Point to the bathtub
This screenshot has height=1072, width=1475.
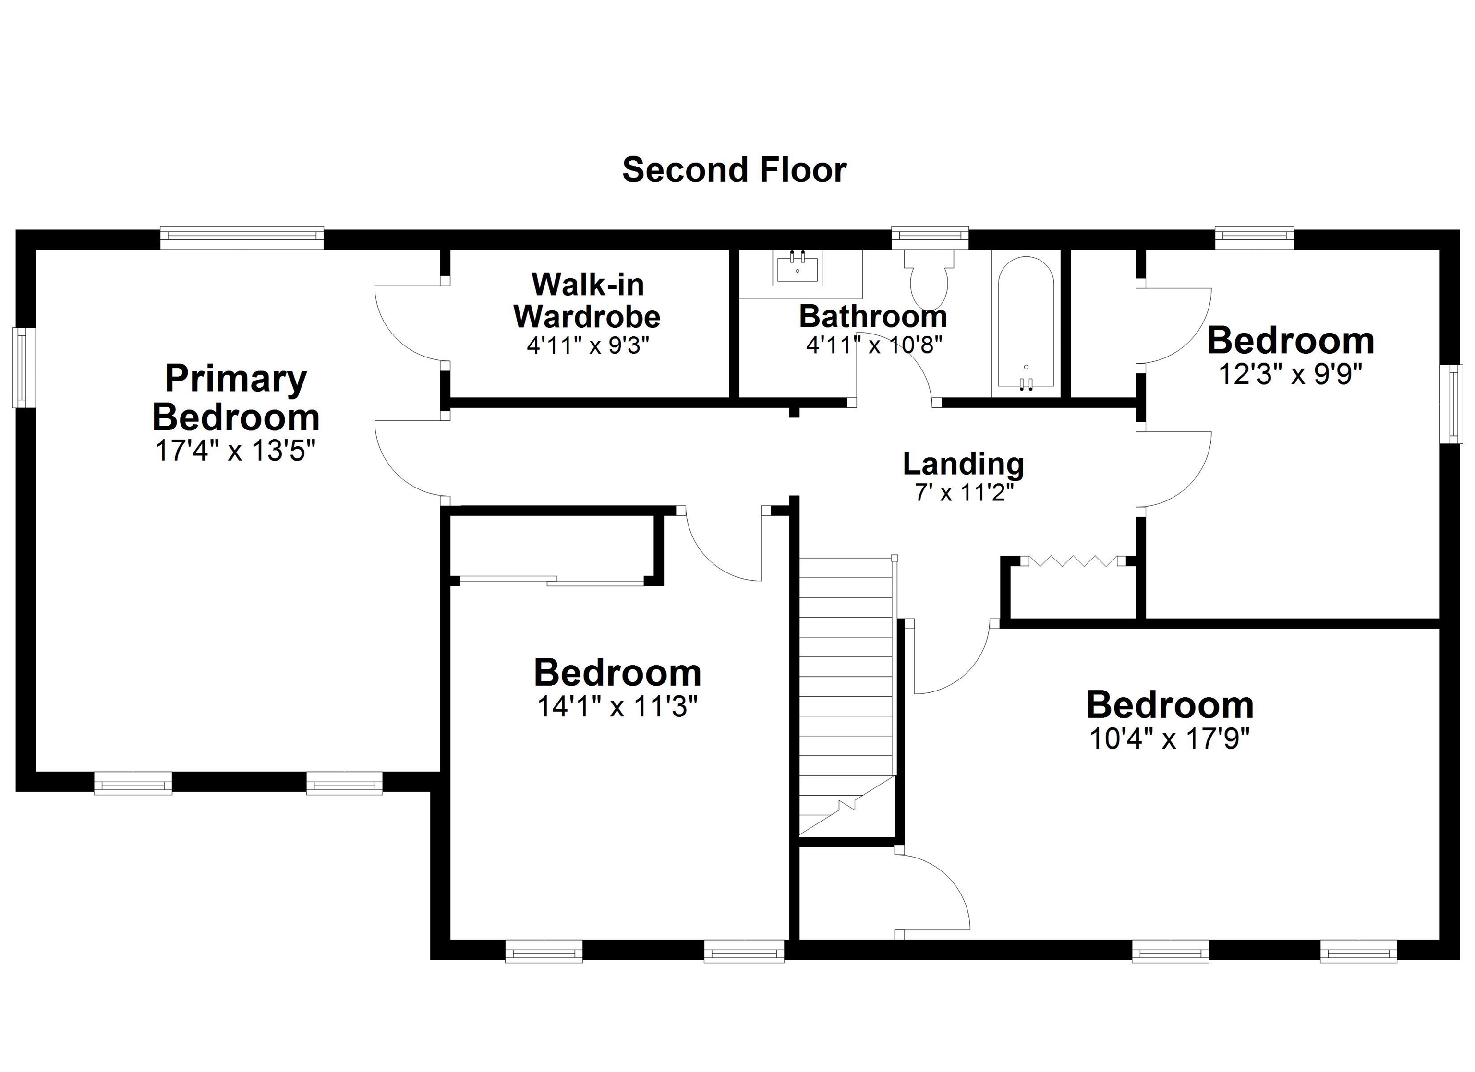point(1026,323)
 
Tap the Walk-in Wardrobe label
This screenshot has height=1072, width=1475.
point(587,300)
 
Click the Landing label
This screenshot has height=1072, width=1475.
point(963,464)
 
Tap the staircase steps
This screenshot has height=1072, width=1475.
point(846,696)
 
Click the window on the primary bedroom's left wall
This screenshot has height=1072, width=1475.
point(24,368)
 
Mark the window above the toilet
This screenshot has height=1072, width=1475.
point(930,238)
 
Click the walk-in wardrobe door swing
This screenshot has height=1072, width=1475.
point(410,323)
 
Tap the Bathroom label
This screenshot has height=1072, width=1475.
point(873,317)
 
